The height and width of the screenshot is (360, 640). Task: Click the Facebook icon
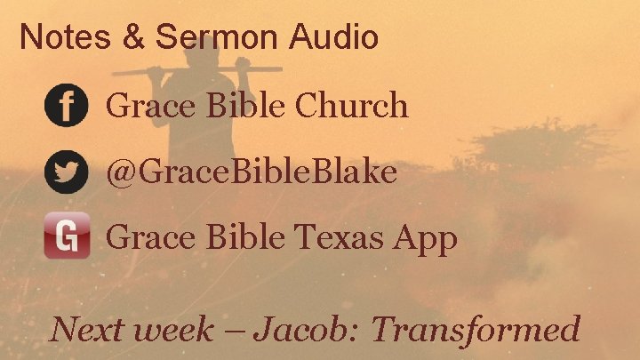[66, 106]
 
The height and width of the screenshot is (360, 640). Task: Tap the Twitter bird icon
[66, 172]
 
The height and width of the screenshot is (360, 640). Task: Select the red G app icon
[67, 236]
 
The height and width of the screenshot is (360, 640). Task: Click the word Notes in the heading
[53, 37]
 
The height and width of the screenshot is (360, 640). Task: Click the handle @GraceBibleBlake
[252, 172]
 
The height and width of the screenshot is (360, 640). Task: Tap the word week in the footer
[170, 330]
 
